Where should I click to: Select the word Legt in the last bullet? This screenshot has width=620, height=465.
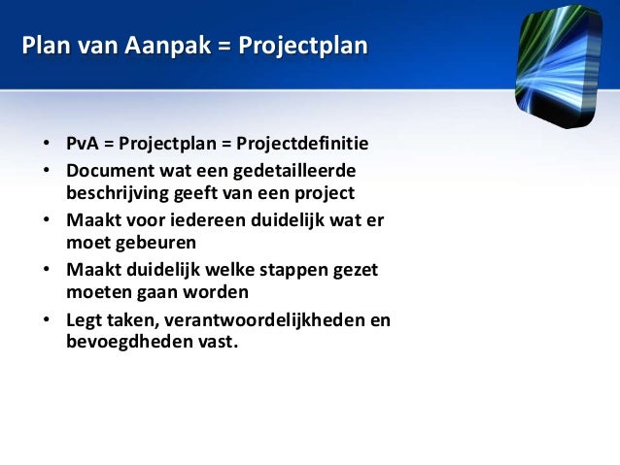(85, 321)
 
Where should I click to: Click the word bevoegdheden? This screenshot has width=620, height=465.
(120, 342)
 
